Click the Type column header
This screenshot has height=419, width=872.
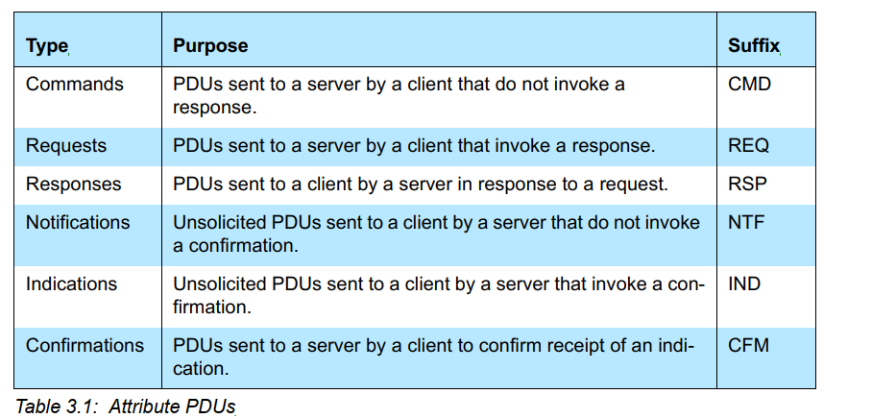(x=47, y=45)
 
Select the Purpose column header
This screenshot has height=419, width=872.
(x=210, y=45)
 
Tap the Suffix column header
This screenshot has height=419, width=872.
(x=754, y=45)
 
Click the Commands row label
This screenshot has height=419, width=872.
(x=75, y=84)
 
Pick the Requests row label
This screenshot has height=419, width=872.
(x=65, y=146)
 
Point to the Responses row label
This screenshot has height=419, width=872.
(x=73, y=185)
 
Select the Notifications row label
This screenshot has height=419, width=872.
(x=78, y=223)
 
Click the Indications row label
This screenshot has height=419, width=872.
(x=71, y=283)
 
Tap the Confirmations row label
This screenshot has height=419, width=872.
(x=85, y=345)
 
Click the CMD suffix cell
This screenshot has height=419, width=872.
(x=749, y=84)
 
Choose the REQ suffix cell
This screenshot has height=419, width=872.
(x=748, y=146)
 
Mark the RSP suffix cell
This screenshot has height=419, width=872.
(x=747, y=185)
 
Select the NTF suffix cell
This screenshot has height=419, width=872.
(x=746, y=223)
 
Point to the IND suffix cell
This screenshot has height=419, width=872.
(x=744, y=283)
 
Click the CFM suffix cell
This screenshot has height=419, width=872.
(x=748, y=345)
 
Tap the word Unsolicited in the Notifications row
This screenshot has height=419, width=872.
(x=220, y=223)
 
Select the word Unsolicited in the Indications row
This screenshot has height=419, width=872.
(x=220, y=283)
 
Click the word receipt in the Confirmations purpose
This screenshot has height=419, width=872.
(x=573, y=346)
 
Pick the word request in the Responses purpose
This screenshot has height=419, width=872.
(x=632, y=185)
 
